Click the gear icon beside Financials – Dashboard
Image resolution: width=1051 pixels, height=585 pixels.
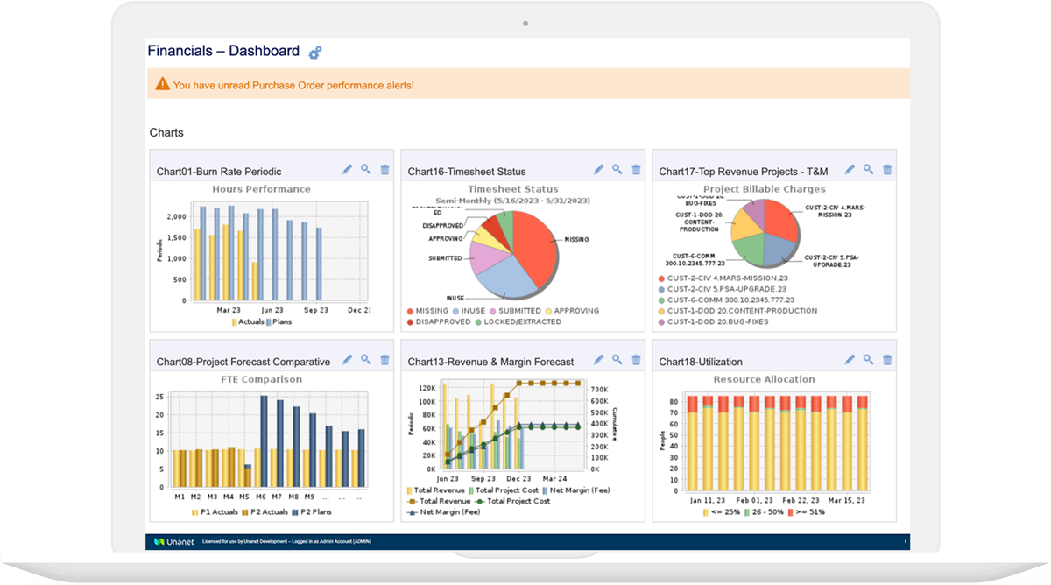click(x=315, y=53)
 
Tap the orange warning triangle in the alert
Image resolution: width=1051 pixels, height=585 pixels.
click(x=162, y=84)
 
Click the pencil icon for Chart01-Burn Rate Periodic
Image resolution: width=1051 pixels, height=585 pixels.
click(x=348, y=170)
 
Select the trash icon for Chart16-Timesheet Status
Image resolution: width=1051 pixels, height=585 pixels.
click(x=636, y=170)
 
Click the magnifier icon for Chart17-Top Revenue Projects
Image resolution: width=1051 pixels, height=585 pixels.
click(x=868, y=170)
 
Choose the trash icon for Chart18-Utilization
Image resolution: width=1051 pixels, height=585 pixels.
click(x=887, y=360)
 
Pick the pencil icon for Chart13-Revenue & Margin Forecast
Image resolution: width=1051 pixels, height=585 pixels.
click(x=599, y=360)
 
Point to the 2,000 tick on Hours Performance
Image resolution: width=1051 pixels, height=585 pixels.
click(x=176, y=216)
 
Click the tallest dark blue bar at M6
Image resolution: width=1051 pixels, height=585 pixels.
click(x=264, y=441)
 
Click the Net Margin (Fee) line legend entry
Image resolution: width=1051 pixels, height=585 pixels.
click(x=448, y=511)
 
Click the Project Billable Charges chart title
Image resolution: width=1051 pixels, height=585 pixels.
click(x=764, y=189)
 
